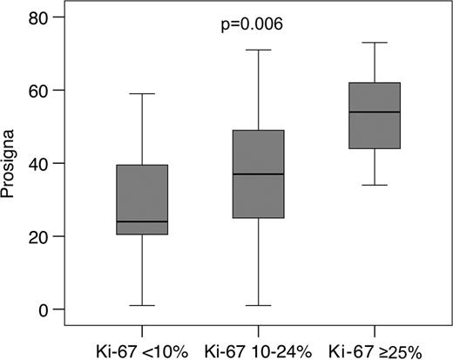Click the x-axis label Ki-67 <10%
142,342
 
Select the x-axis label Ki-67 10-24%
258,342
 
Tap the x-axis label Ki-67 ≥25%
375,342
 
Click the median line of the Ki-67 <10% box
142,221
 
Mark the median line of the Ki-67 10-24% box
258,174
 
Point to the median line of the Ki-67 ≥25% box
375,112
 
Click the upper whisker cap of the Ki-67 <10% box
142,94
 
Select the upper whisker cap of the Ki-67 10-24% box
258,51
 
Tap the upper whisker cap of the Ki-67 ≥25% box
375,43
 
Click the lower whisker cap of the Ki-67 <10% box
142,305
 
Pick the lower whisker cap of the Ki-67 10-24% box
258,305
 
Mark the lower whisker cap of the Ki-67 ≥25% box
375,185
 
